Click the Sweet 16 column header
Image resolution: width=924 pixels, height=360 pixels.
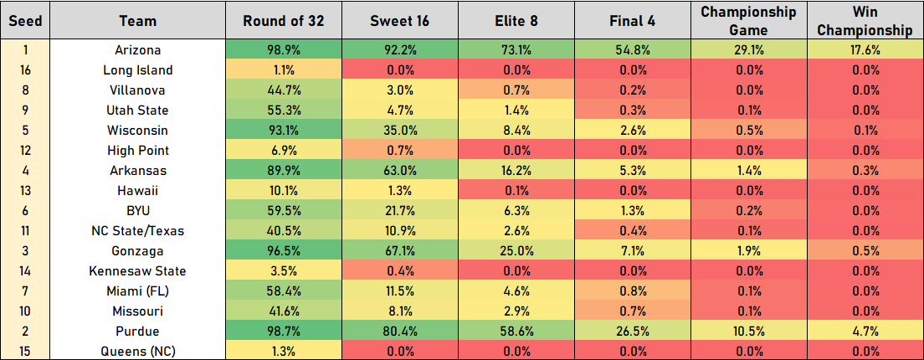pyautogui.click(x=399, y=21)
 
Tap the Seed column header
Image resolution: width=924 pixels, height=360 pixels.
pyautogui.click(x=24, y=21)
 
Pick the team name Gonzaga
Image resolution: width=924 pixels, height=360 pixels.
pyautogui.click(x=138, y=251)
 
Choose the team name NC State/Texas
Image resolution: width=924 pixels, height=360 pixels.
pyautogui.click(x=138, y=231)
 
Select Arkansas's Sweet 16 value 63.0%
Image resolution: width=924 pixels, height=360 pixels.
pyautogui.click(x=399, y=171)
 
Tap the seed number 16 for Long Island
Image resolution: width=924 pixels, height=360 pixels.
pyautogui.click(x=24, y=70)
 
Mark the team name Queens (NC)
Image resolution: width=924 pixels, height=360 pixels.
pyautogui.click(x=138, y=352)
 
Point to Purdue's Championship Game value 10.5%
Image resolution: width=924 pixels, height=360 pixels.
pyautogui.click(x=748, y=332)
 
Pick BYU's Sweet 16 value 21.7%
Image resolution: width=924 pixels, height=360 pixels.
pyautogui.click(x=399, y=211)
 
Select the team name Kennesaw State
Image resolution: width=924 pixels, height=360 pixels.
pyautogui.click(x=138, y=271)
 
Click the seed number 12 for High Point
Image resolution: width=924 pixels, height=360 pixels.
pyautogui.click(x=24, y=151)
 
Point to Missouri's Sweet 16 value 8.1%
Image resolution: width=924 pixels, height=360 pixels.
pyautogui.click(x=399, y=311)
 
